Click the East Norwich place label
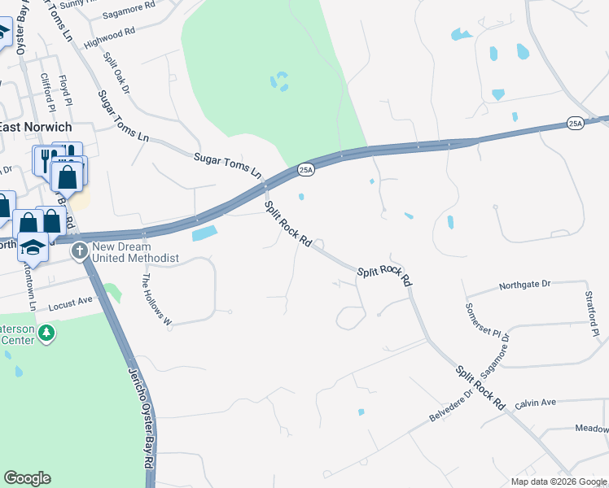click(35, 128)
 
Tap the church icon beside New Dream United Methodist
click(81, 250)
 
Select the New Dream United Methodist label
click(135, 252)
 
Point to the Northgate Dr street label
click(525, 285)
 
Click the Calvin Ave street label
click(535, 403)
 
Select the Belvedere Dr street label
click(451, 407)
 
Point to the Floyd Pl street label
click(66, 91)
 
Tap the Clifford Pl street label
click(46, 92)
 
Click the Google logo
click(27, 478)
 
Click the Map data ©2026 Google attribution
click(557, 481)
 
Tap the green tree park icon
click(47, 333)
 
